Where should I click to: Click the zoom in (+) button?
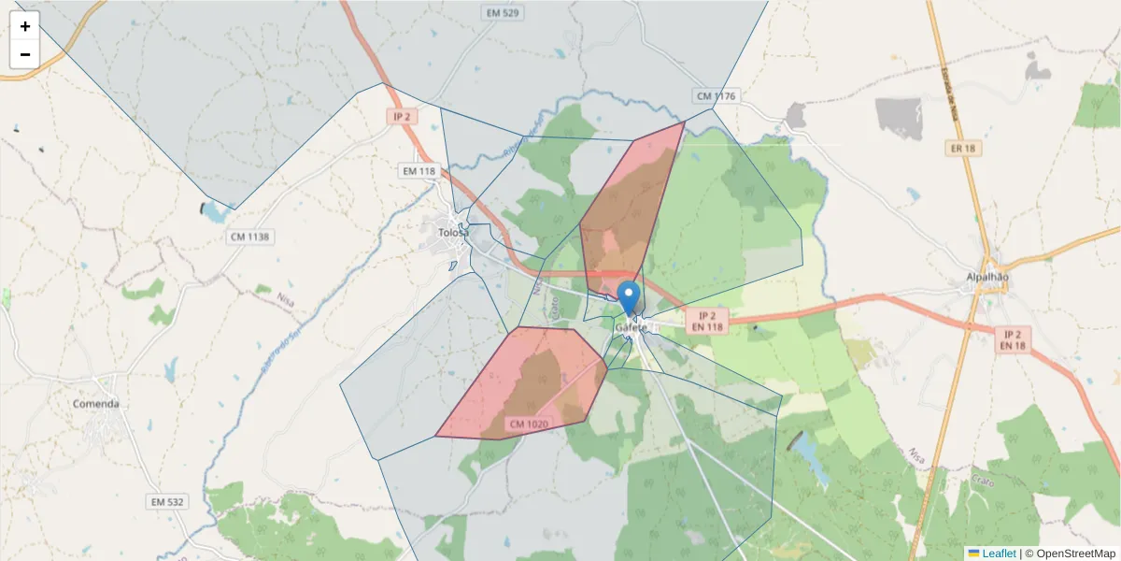tap(25, 26)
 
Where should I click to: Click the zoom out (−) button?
tap(25, 54)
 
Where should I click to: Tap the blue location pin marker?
tap(630, 296)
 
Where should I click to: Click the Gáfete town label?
tap(631, 328)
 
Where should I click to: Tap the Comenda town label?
tap(96, 404)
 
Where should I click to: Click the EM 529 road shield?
tap(503, 13)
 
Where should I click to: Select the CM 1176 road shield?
tap(716, 96)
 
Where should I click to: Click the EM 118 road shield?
tap(419, 171)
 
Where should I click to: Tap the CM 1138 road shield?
tap(249, 237)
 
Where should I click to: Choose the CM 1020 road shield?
tap(529, 424)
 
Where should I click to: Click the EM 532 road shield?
tap(167, 502)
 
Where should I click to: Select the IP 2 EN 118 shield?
tap(706, 322)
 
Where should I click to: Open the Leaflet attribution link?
tap(999, 554)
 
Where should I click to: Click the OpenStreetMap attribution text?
tap(1070, 554)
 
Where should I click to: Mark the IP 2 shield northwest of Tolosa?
tap(402, 117)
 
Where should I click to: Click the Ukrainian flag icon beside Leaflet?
tap(974, 554)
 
